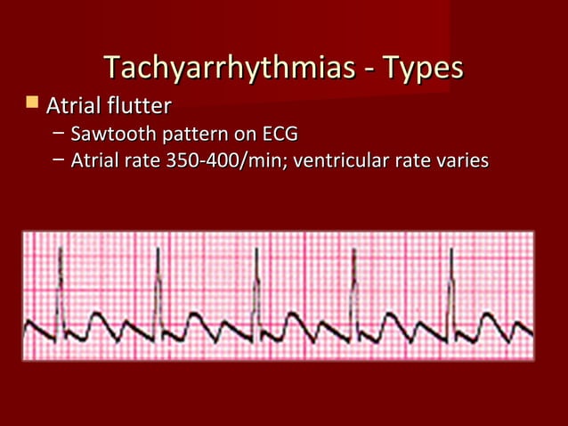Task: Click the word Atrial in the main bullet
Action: [x=74, y=108]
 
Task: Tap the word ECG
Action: [x=280, y=135]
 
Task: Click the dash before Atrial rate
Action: [x=58, y=162]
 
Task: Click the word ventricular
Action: [x=337, y=162]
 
